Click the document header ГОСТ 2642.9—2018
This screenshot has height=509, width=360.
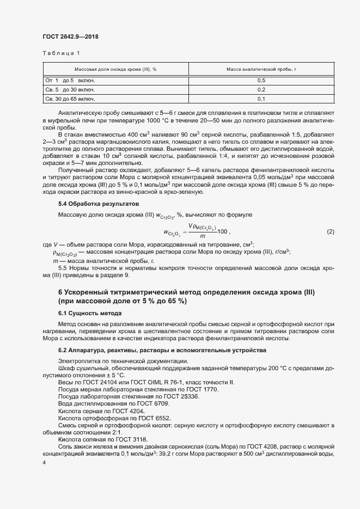point(70,37)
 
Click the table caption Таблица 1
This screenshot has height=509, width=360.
point(61,53)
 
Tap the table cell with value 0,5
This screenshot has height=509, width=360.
point(261,80)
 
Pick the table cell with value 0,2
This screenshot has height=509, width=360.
point(261,89)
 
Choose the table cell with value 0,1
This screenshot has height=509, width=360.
point(261,99)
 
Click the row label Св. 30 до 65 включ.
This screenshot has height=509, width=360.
point(70,99)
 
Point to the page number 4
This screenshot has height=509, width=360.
point(44,462)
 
